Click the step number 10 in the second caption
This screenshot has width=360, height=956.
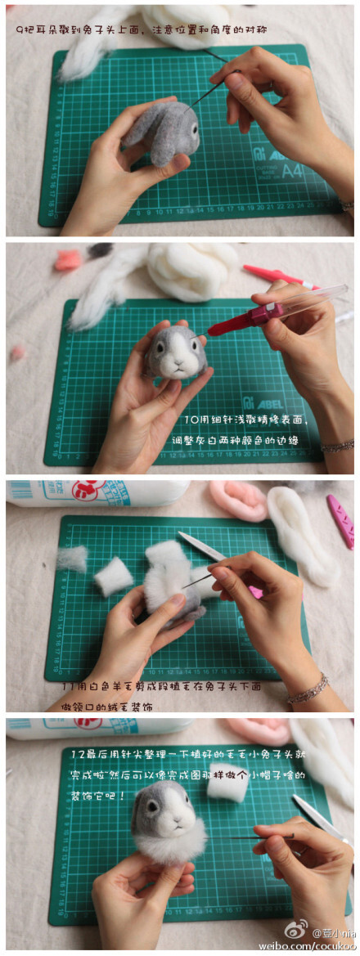point(191,422)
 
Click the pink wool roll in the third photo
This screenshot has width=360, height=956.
point(238,500)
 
